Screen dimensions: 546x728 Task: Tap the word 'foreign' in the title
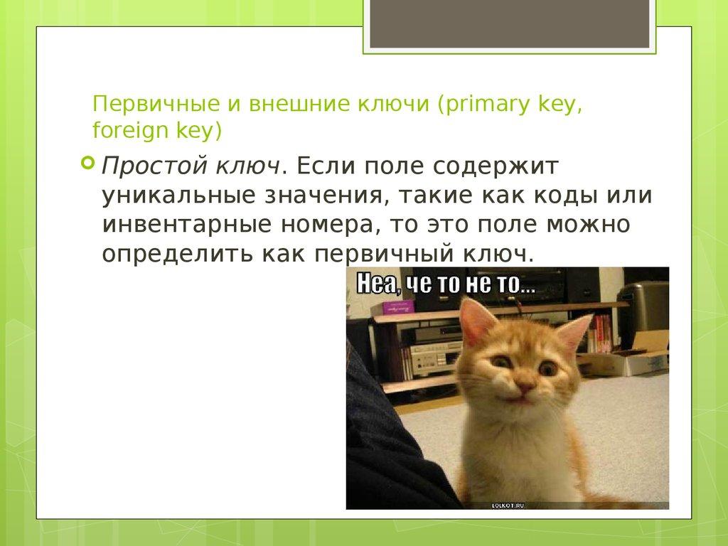tap(122, 131)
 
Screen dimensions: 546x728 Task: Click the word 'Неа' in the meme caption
tap(378, 285)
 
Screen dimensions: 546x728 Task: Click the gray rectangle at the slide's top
tap(509, 24)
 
